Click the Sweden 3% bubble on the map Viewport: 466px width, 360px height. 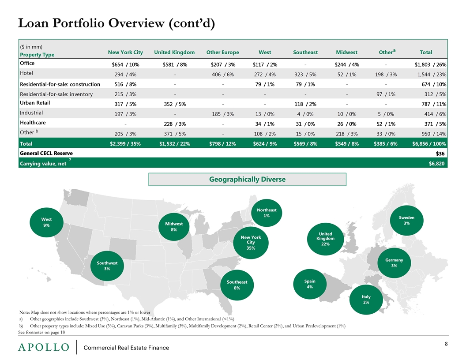pos(406,221)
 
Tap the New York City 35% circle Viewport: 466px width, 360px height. pos(251,242)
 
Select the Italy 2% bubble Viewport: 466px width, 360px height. pos(366,300)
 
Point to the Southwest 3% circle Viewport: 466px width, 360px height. pos(107,266)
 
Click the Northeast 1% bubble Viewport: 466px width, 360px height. pos(267,213)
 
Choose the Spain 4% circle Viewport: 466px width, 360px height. pos(310,284)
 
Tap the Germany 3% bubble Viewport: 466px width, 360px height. pos(394,263)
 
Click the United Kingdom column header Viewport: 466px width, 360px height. pos(174,52)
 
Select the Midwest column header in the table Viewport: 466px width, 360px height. pos(346,52)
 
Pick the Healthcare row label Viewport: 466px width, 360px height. pos(33,123)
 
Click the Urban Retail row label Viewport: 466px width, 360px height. pos(35,103)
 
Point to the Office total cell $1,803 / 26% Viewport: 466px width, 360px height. pos(430,64)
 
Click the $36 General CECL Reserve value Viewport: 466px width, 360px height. pos(440,153)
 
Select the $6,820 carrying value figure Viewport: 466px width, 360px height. pos(436,163)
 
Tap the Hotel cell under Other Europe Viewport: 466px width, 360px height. pos(222,74)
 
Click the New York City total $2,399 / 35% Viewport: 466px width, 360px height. pos(125,144)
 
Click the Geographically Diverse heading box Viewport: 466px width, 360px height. pos(247,180)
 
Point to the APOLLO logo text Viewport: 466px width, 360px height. pos(44,347)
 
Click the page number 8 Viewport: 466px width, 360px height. pos(446,344)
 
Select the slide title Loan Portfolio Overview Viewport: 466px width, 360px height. pos(116,23)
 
